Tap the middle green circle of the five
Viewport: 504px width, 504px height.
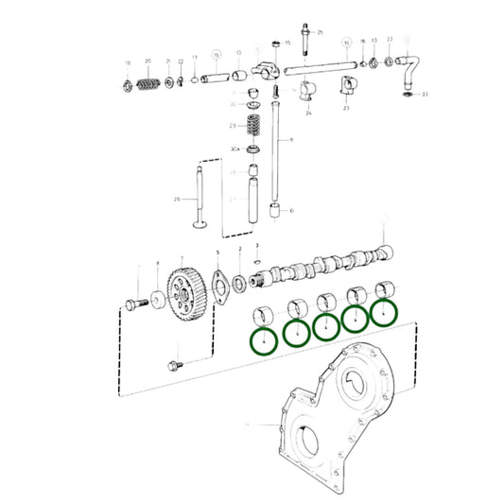(325, 325)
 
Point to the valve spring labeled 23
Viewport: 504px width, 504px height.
(253, 126)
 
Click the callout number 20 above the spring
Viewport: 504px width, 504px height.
(148, 61)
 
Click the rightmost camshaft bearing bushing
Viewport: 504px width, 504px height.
(385, 288)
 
